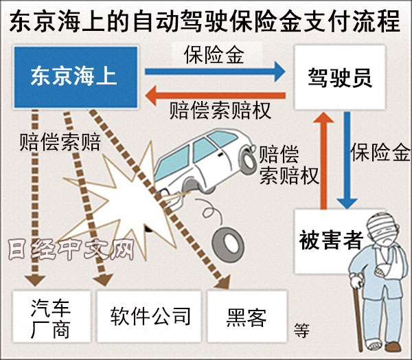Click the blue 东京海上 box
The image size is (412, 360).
click(x=74, y=76)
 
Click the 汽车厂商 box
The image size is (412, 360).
click(x=51, y=317)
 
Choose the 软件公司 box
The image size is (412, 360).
click(x=150, y=316)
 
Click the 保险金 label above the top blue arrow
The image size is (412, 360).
click(x=214, y=54)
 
